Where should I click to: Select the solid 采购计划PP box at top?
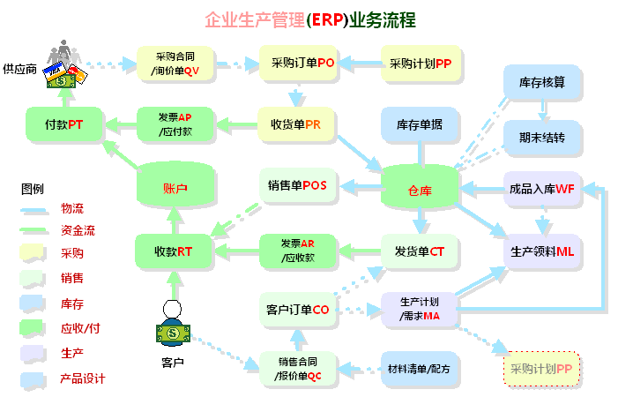420,63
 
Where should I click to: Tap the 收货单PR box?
296,124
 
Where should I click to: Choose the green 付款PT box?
63,124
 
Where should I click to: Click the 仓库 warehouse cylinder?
420,188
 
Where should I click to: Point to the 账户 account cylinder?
175,187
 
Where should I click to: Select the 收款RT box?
173,251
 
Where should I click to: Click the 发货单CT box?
420,251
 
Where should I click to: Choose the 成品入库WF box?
542,188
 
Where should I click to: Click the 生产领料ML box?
542,251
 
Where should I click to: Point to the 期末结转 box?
542,138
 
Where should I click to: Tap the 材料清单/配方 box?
419,367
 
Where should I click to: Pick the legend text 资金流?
78,231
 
